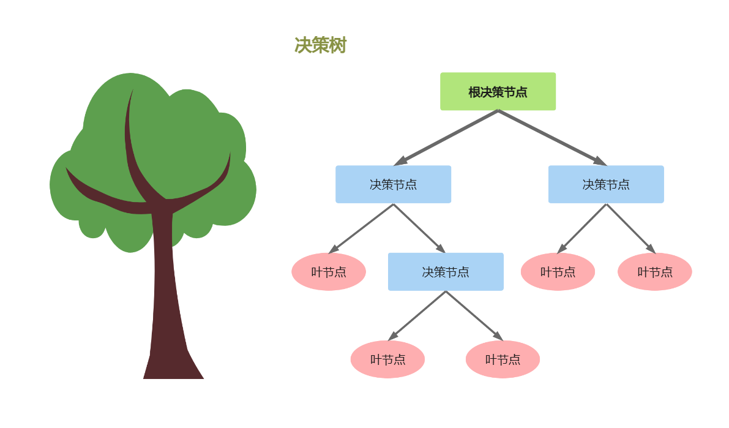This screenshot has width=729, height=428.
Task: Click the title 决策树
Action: (320, 45)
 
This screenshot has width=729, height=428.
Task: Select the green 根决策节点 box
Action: (498, 92)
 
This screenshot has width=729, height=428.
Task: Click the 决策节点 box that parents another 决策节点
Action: (393, 184)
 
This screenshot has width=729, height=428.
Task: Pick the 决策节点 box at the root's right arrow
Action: (605, 184)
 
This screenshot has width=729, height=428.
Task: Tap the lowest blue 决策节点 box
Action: (446, 272)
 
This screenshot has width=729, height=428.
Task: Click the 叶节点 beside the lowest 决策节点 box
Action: (329, 272)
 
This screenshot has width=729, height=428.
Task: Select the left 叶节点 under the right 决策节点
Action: (558, 272)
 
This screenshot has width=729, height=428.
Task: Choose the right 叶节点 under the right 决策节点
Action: (654, 272)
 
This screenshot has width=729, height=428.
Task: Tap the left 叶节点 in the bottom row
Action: (387, 359)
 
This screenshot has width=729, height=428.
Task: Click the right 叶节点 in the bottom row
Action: (503, 359)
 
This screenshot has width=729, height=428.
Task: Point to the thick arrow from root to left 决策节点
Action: (446, 138)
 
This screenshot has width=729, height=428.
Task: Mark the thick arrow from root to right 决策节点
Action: (551, 138)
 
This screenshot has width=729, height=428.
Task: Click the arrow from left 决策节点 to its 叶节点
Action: (361, 228)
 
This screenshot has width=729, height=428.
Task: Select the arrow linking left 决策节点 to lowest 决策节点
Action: (419, 228)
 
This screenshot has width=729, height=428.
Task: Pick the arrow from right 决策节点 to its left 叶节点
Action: (581, 228)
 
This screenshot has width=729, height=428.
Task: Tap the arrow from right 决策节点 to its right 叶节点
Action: (630, 228)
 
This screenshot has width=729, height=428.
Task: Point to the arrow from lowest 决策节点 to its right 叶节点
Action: (474, 316)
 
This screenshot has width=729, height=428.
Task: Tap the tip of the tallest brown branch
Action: (132, 92)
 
